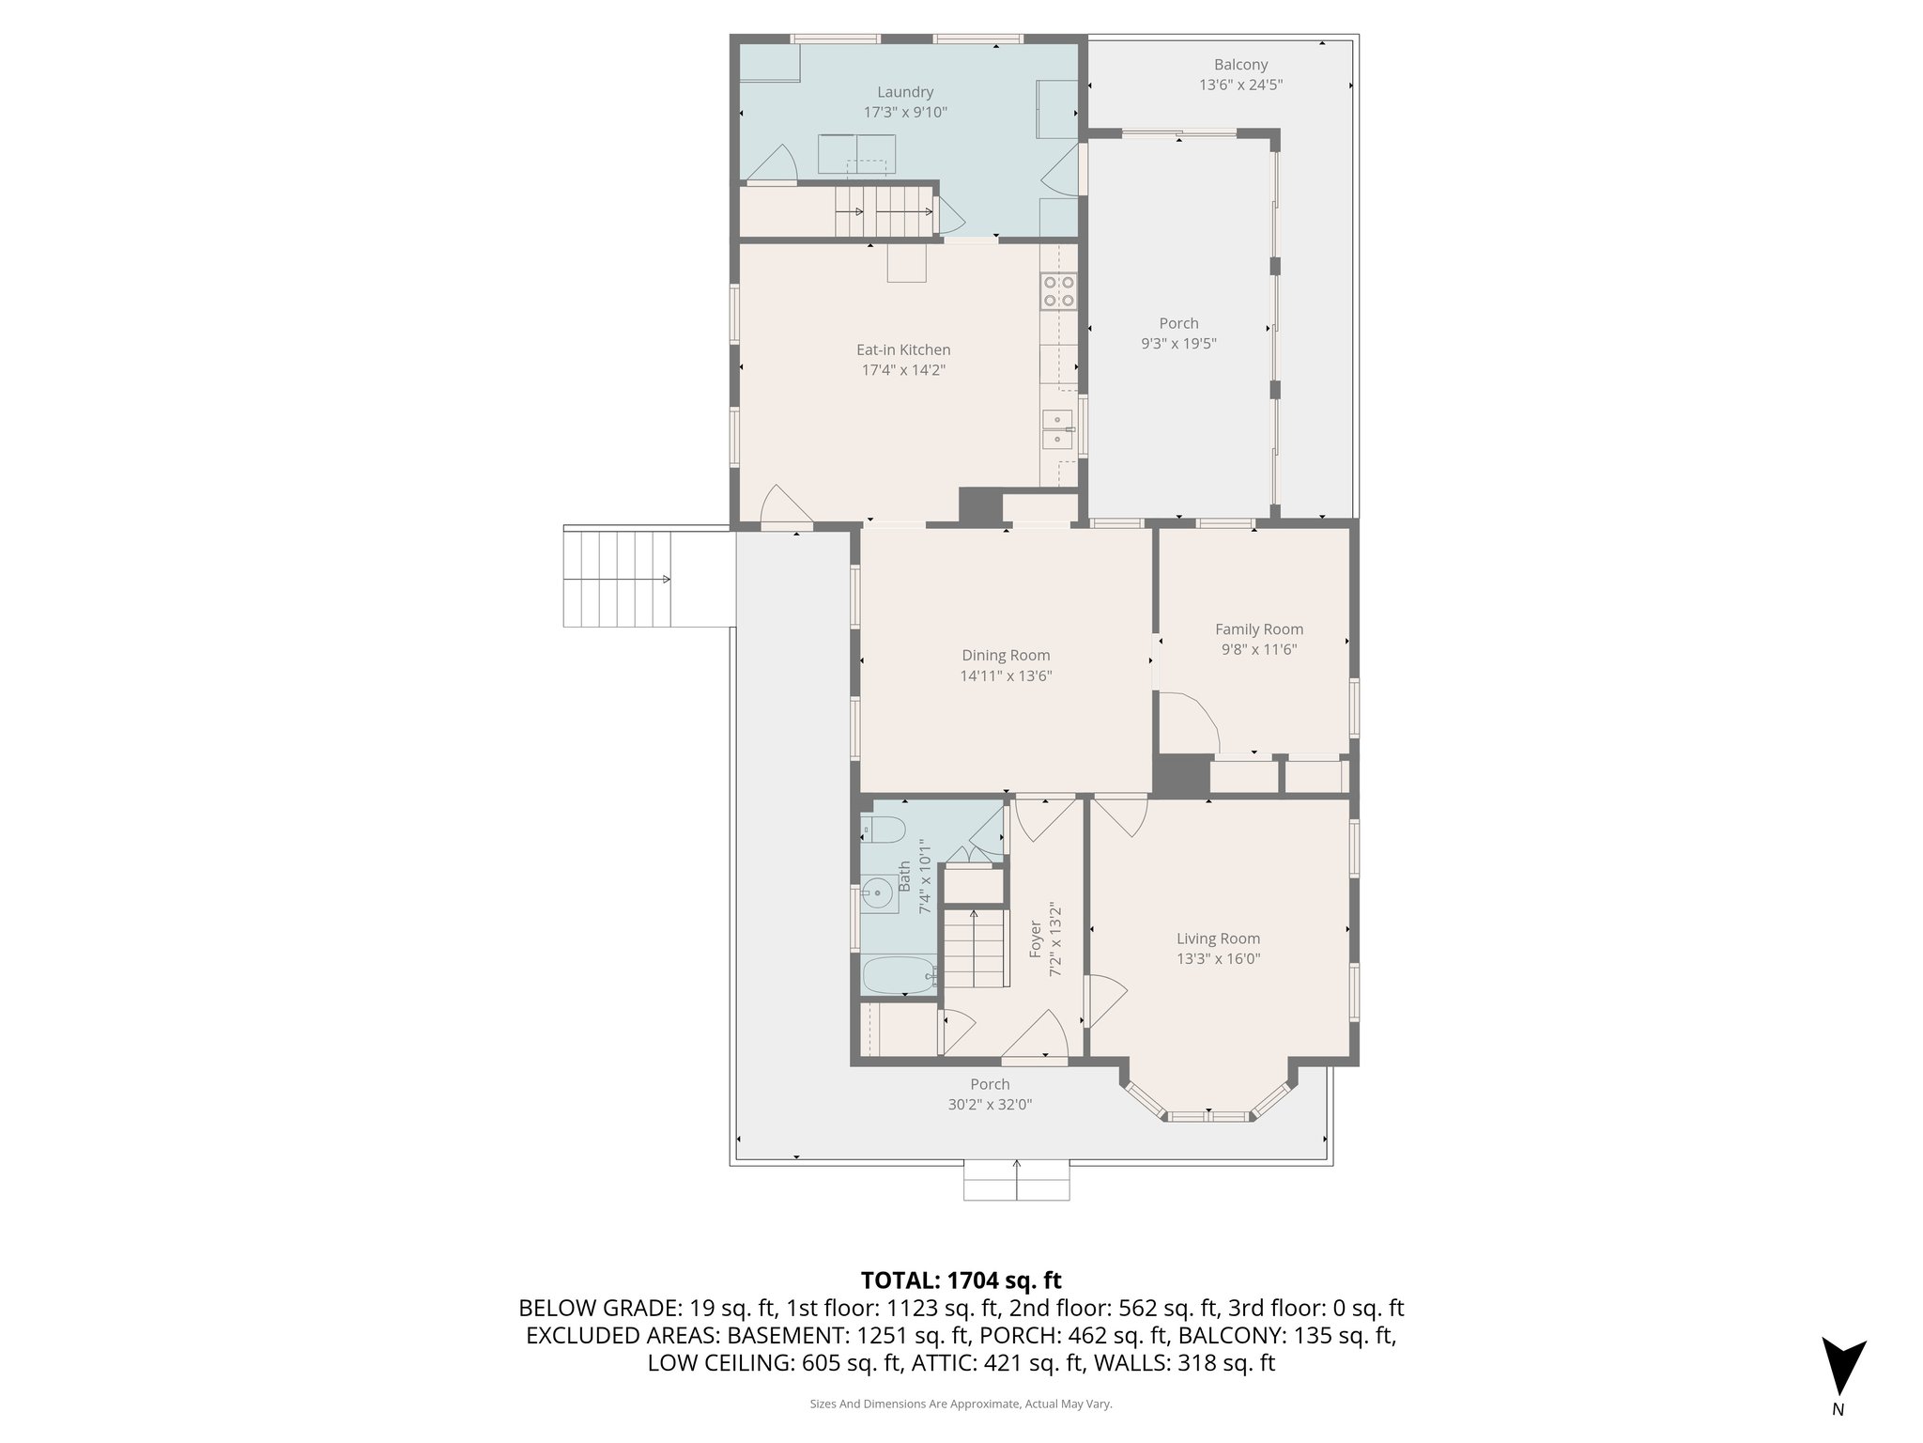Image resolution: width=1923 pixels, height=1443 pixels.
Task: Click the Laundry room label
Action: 905,92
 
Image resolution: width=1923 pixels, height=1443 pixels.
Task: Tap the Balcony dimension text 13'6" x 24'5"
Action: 1240,85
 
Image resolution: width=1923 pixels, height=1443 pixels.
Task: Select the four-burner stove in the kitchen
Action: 1058,291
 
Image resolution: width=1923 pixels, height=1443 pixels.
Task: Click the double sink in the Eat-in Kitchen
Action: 1058,429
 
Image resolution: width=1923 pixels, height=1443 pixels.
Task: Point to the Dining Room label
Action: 1006,656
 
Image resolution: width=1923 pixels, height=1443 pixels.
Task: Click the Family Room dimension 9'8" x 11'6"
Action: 1258,649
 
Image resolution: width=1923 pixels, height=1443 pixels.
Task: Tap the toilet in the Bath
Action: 883,830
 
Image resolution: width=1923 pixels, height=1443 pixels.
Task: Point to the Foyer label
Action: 1036,939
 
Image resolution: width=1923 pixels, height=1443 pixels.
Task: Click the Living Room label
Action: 1218,939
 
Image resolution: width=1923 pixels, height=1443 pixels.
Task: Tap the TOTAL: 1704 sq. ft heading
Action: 961,1280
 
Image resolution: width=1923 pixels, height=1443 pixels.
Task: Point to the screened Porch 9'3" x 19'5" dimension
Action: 1178,344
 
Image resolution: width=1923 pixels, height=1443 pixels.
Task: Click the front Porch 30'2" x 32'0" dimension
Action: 990,1105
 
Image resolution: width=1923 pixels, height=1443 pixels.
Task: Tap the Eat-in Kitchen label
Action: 903,349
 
